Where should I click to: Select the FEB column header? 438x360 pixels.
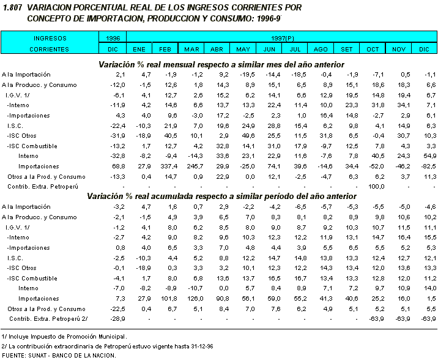[x=165, y=48]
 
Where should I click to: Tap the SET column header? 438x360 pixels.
[x=346, y=48]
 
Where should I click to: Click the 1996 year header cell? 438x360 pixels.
[x=113, y=38]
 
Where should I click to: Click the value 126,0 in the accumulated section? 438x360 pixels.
[x=193, y=299]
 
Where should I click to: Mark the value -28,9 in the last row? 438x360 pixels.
[x=116, y=319]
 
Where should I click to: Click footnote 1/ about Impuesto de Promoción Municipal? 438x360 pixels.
[x=64, y=336]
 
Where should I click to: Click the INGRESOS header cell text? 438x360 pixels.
[x=50, y=38]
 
